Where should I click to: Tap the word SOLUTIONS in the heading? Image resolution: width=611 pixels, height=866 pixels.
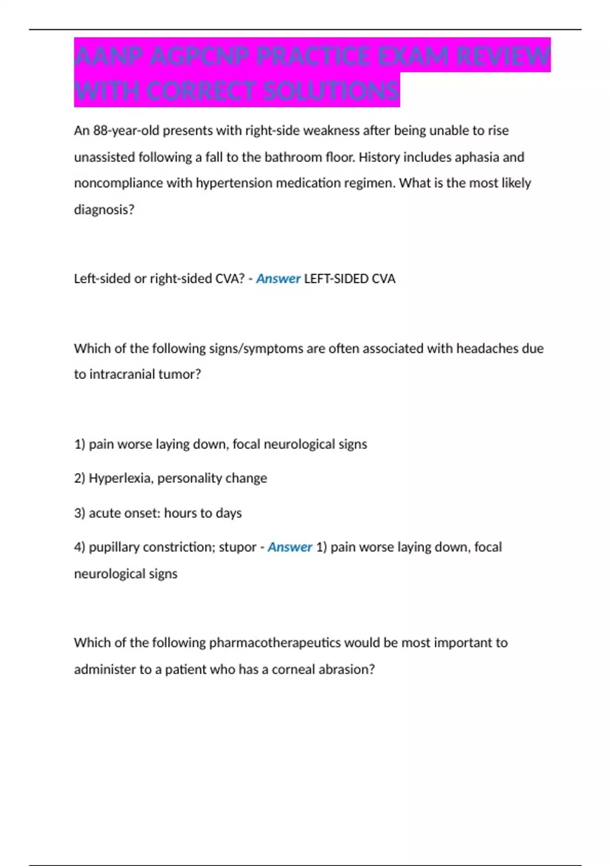331,91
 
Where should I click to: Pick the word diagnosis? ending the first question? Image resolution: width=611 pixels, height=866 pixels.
104,209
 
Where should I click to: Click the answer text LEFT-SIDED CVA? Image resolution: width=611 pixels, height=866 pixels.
349,279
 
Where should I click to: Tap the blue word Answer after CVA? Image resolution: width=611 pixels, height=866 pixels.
278,279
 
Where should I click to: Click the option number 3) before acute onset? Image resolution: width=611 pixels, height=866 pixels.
79,513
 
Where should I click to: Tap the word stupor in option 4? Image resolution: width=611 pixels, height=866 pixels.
237,547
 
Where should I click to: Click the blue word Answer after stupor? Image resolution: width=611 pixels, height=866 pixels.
290,547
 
